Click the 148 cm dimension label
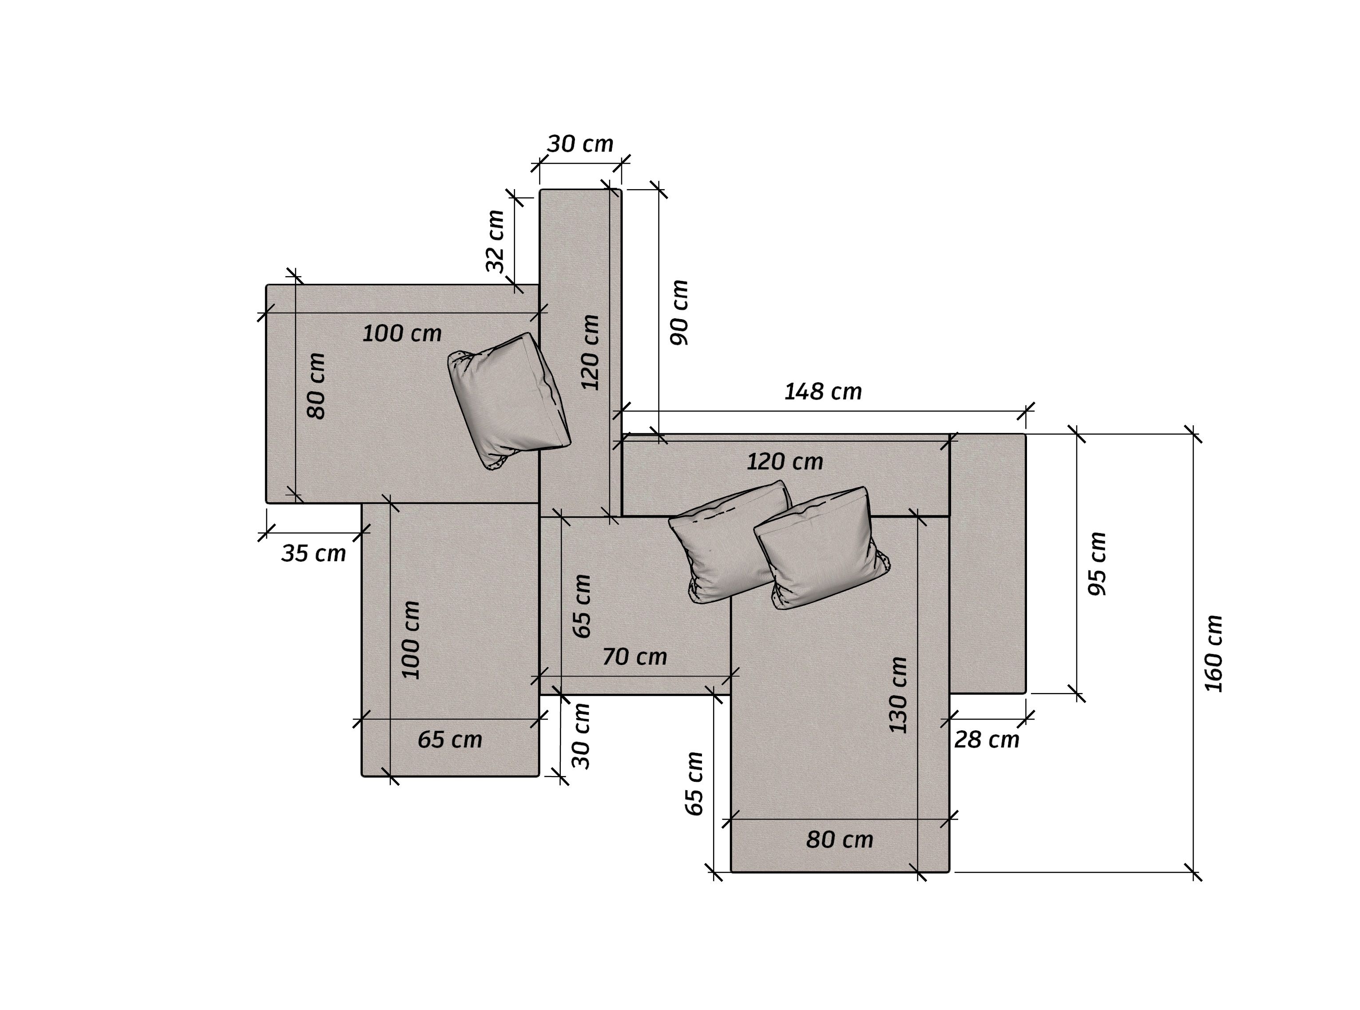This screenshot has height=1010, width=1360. coord(823,391)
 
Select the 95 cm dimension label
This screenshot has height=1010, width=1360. coord(1097,564)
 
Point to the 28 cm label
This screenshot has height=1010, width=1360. coord(987,740)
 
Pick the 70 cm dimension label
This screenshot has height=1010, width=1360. coord(635,657)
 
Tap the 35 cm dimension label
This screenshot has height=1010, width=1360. coord(314,553)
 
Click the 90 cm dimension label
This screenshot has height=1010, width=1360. coord(679,313)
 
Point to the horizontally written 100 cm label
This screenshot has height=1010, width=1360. coord(402,333)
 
